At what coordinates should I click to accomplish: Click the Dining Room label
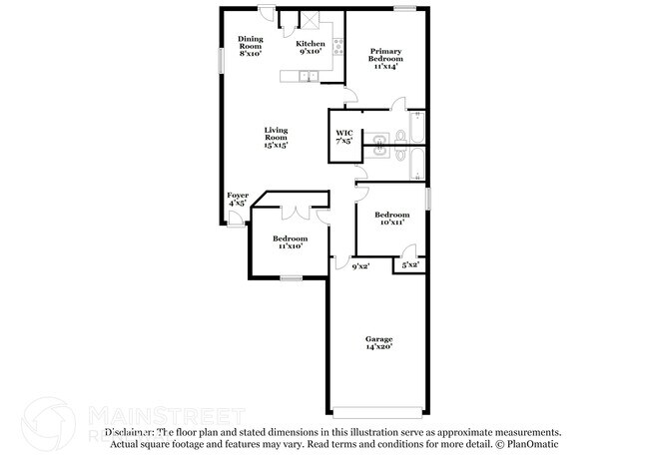click(250, 46)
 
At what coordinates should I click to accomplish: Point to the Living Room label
click(276, 138)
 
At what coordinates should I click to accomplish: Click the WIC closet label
click(343, 137)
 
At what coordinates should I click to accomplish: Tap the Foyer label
click(238, 199)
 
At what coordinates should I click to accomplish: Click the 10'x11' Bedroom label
click(391, 219)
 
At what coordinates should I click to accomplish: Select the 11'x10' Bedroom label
click(290, 242)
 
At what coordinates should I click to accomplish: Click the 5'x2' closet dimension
click(409, 265)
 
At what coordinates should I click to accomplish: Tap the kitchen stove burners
click(337, 45)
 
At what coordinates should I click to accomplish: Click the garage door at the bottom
click(377, 413)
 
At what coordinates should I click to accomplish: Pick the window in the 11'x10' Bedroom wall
click(290, 278)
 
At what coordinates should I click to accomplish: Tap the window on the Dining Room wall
click(222, 58)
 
